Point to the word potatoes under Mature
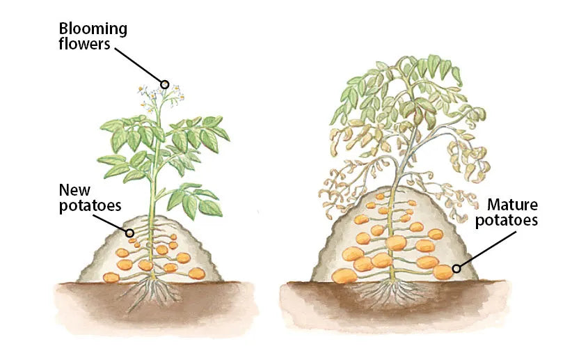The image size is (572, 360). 511,222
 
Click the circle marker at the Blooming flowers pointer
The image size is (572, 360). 165,84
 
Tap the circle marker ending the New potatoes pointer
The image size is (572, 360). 129,233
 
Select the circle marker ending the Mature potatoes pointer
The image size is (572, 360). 456,268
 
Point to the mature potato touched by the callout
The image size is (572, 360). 444,272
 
